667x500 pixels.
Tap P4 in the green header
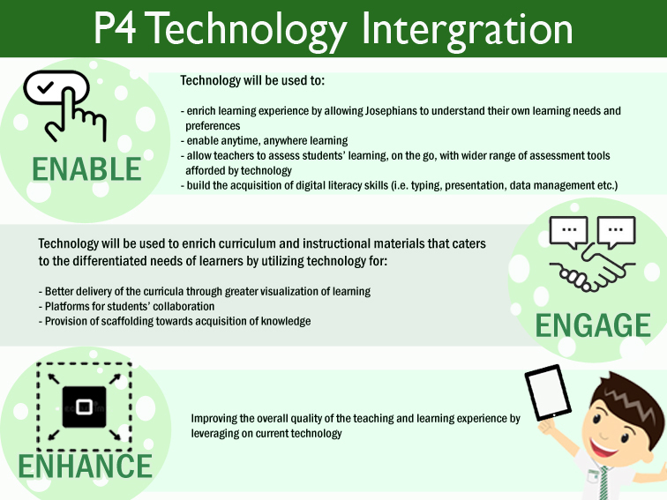[115, 28]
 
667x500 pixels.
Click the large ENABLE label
[86, 169]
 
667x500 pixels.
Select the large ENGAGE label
[593, 325]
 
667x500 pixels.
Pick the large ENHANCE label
[85, 466]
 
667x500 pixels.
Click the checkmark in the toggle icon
[45, 87]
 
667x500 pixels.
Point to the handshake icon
[592, 272]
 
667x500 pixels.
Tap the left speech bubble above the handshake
[568, 232]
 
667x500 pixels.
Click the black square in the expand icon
[84, 407]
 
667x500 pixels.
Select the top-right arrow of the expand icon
[115, 378]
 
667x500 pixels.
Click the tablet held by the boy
[548, 392]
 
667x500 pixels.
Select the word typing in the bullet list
[428, 186]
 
